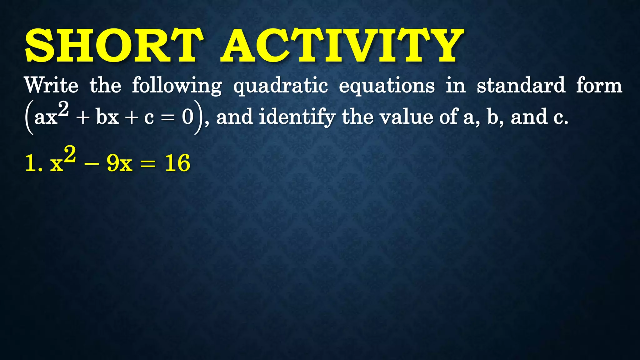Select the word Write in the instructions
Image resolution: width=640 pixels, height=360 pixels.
(52, 85)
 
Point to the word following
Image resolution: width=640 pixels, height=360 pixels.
(177, 86)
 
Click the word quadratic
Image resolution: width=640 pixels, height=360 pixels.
(281, 86)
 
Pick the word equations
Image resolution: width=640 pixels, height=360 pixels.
(387, 86)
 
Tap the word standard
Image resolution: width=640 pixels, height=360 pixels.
(521, 85)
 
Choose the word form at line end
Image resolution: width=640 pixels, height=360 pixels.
(599, 85)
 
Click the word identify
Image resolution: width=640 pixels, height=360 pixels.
(297, 117)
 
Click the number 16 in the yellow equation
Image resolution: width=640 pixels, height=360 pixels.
(177, 163)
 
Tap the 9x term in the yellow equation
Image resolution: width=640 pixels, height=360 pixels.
(119, 163)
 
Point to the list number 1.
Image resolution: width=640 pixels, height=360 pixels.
(31, 163)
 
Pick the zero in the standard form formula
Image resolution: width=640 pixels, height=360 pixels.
(188, 117)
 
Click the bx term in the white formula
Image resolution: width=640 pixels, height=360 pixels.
(107, 117)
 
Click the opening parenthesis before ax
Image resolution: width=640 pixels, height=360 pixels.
(29, 117)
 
